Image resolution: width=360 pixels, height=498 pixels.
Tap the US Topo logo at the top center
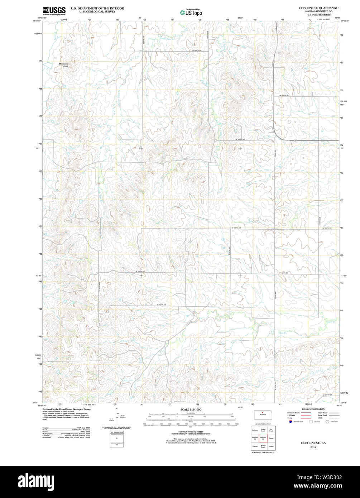(191, 12)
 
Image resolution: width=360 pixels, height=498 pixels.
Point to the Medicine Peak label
(63, 65)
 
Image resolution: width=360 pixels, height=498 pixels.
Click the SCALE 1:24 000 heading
(191, 410)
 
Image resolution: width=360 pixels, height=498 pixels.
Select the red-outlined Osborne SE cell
(263, 437)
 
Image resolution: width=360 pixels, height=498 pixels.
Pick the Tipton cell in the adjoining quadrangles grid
(271, 437)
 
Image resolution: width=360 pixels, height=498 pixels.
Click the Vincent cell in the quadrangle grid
(255, 446)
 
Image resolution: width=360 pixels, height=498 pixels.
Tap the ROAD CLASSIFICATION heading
(313, 409)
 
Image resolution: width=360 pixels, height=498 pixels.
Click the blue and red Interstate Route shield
(289, 422)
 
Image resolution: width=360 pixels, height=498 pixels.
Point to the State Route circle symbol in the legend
(327, 422)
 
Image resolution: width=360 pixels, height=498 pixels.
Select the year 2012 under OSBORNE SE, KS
(313, 447)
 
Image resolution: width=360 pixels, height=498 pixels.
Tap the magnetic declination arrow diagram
(117, 417)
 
